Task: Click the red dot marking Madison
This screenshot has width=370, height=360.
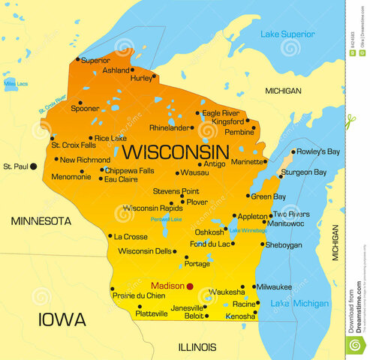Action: click(x=190, y=286)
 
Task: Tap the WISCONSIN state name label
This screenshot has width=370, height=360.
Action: click(x=176, y=151)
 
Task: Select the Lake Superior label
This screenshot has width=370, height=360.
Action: click(x=287, y=34)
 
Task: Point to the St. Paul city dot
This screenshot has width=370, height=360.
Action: click(x=33, y=166)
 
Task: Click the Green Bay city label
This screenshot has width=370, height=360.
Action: click(x=268, y=196)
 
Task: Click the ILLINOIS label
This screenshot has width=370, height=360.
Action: click(x=197, y=347)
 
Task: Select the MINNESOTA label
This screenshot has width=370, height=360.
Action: click(x=41, y=221)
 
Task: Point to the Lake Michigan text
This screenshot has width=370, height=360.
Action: click(x=299, y=304)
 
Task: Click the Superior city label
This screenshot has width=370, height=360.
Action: click(x=95, y=60)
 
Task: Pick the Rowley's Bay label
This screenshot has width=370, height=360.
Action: click(x=318, y=151)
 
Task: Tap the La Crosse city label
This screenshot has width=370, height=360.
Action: click(x=130, y=236)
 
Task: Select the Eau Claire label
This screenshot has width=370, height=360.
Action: click(x=120, y=180)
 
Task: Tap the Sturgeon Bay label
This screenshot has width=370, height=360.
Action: click(x=303, y=172)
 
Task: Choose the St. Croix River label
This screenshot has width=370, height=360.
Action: click(x=52, y=104)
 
